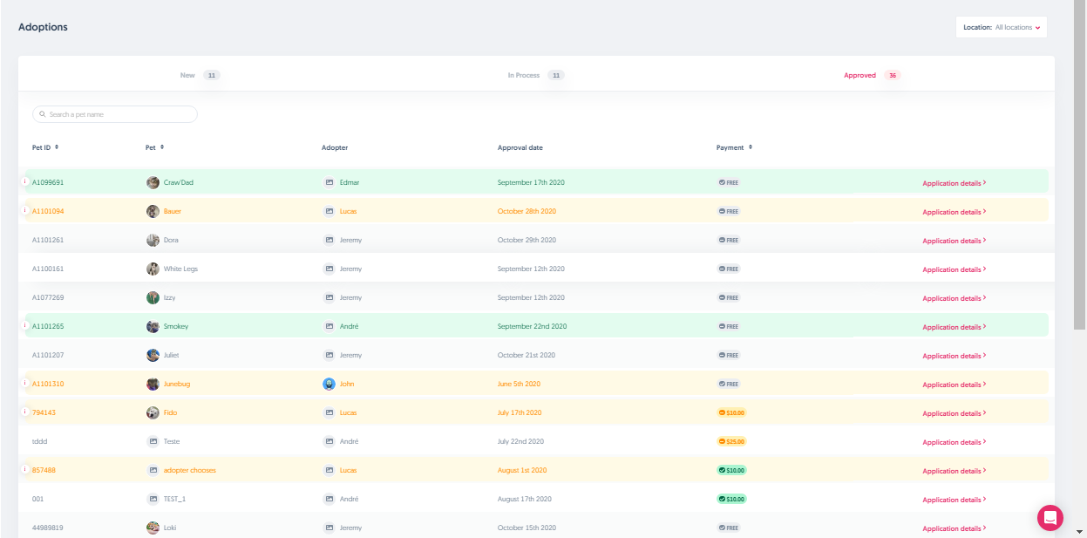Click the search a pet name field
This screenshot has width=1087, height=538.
coord(115,114)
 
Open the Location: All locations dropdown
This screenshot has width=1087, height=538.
coord(1002,27)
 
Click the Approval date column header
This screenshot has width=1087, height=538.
coord(520,147)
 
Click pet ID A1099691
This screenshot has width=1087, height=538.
coord(48,182)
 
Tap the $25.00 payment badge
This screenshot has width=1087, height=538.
coord(731,441)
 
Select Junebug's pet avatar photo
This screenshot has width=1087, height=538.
coord(153,384)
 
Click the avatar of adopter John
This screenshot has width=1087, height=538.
coord(329,384)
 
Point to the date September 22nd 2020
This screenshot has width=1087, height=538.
coord(532,326)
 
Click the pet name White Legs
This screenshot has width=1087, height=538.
coord(180,269)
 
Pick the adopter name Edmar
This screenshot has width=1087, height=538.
coord(350,182)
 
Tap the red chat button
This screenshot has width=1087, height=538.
coord(1050,517)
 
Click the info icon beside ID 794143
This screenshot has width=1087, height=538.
coord(24,412)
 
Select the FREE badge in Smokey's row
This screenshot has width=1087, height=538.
coord(729,326)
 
